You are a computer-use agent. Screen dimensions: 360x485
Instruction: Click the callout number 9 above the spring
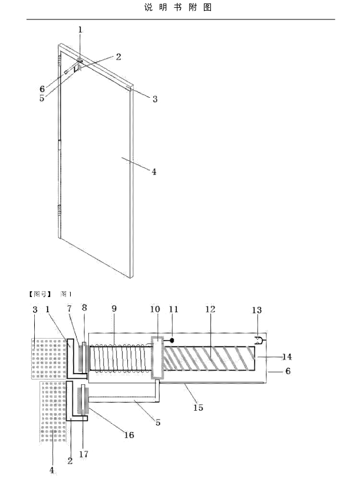click(x=114, y=308)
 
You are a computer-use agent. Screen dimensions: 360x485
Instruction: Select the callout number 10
click(x=155, y=309)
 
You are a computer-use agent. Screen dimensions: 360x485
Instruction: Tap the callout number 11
click(x=173, y=309)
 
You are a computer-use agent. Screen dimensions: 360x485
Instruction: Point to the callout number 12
click(x=210, y=309)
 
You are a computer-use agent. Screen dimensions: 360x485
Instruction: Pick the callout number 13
click(x=257, y=310)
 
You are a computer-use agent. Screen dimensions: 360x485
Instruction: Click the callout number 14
click(x=287, y=357)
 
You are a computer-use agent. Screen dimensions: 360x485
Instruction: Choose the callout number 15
click(x=198, y=407)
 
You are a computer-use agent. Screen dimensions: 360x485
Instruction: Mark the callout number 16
click(x=129, y=435)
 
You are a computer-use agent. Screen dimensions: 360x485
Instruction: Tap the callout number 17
click(x=84, y=454)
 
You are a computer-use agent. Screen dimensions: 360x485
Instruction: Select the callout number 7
click(x=70, y=308)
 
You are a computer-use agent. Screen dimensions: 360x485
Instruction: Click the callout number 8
click(x=84, y=308)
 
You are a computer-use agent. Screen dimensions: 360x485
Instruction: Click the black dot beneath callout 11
click(x=172, y=340)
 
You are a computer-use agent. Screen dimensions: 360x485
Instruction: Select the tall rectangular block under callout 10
click(x=157, y=357)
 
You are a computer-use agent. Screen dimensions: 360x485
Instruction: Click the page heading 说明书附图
click(x=178, y=8)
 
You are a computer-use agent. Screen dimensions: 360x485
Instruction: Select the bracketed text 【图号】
click(x=39, y=294)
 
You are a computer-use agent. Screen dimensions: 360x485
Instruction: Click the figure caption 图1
click(x=66, y=294)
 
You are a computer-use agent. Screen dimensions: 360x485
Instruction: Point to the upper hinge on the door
click(x=59, y=61)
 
